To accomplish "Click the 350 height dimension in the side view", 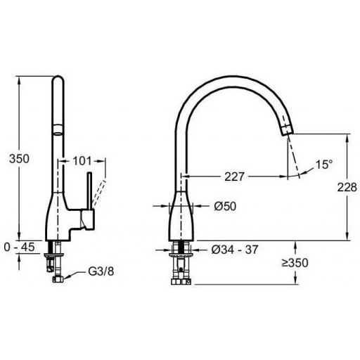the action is click(x=19, y=159).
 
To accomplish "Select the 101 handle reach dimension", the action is click(x=82, y=161).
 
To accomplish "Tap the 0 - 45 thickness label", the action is click(x=20, y=247).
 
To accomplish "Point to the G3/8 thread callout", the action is click(x=101, y=271).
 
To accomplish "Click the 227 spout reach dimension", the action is click(x=235, y=176).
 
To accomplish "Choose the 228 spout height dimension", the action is click(x=347, y=187).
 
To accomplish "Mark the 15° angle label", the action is click(x=324, y=165).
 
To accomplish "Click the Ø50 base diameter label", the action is click(x=225, y=206).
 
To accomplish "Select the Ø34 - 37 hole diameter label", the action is click(x=235, y=250).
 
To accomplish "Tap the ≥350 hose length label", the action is click(x=295, y=263).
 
